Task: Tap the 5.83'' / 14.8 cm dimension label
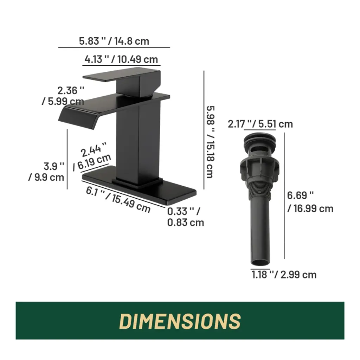pyautogui.click(x=114, y=41)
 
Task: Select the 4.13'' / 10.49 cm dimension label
pyautogui.click(x=121, y=59)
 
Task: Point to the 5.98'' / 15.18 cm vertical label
pyautogui.click(x=210, y=142)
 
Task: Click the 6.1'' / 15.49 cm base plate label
pyautogui.click(x=118, y=200)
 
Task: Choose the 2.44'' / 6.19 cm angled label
pyautogui.click(x=92, y=156)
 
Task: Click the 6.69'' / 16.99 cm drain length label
pyautogui.click(x=310, y=202)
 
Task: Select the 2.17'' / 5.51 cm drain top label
pyautogui.click(x=261, y=124)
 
